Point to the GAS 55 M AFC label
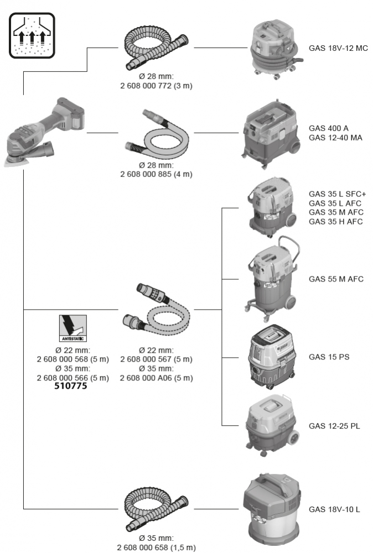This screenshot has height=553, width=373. (335, 279)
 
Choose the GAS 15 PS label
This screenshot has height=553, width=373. (329, 357)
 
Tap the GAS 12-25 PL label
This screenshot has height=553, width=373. (334, 426)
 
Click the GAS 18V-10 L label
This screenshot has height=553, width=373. (334, 509)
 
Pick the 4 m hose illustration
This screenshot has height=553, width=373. (157, 133)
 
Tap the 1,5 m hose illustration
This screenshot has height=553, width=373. (157, 507)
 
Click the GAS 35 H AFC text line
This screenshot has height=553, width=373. (335, 222)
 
